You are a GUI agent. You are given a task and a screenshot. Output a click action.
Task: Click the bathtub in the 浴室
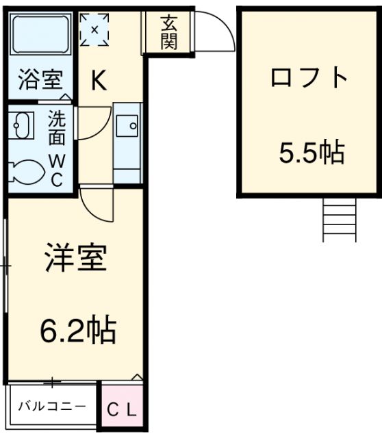pos(40,34)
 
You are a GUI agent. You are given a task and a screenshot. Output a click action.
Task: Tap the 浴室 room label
pos(41,80)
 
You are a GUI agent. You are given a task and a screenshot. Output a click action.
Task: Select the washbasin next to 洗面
pos(21,125)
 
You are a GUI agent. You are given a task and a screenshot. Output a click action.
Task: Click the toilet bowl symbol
pos(26,172)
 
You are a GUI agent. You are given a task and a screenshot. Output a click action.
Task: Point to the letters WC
pos(57,170)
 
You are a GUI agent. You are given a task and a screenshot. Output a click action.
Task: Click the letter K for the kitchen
pos(99,81)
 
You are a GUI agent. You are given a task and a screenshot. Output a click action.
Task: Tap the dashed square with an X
pos(94,29)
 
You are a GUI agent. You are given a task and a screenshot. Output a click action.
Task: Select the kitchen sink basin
pos(127,126)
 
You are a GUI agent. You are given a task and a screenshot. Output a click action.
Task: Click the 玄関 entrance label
pos(169,32)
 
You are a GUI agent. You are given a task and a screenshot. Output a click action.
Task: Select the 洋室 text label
pos(76,257)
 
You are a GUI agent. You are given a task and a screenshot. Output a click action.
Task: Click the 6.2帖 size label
pos(78,331)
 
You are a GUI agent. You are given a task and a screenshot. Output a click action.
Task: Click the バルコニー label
pos(52,406)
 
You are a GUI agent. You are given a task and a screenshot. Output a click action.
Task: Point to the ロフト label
pos(309,77)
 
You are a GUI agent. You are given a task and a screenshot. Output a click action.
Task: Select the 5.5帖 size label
pos(311,152)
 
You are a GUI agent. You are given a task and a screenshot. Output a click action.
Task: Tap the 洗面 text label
pos(57,127)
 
